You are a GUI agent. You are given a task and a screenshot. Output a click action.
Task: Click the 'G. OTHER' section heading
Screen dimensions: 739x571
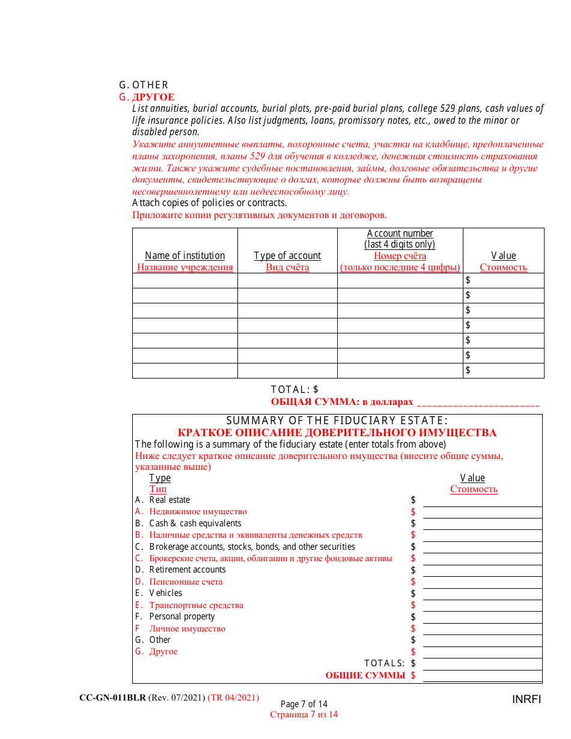click(144, 85)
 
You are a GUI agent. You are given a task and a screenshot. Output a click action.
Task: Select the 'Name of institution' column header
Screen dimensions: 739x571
click(185, 255)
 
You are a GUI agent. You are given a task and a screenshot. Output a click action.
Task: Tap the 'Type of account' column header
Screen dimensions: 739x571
click(287, 255)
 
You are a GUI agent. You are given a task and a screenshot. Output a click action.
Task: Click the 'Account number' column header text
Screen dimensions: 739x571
click(400, 233)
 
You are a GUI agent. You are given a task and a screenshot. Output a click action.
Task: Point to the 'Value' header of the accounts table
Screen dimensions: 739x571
click(503, 255)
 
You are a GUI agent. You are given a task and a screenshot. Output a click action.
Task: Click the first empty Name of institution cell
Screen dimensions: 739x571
click(185, 281)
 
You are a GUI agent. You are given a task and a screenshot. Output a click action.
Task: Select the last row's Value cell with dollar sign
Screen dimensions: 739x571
click(503, 371)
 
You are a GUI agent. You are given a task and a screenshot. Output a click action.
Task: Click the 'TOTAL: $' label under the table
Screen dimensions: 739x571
click(295, 389)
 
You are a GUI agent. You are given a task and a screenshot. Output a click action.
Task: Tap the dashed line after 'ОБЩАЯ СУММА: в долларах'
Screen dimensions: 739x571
click(478, 403)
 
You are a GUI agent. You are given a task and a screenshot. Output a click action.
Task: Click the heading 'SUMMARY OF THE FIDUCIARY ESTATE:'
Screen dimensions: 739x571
click(337, 421)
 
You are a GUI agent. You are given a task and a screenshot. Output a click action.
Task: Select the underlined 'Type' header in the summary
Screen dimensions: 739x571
click(160, 478)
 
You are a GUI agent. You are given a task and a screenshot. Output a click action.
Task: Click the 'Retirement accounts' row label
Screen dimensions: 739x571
click(188, 570)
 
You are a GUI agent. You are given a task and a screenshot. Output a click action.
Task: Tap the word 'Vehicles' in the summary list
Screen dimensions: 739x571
click(166, 593)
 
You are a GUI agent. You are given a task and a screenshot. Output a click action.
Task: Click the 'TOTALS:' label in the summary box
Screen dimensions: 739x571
click(385, 663)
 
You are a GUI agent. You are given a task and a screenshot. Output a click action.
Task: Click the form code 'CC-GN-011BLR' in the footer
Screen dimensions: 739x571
click(112, 698)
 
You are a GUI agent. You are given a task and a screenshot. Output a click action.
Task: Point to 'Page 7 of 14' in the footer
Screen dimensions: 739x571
click(304, 704)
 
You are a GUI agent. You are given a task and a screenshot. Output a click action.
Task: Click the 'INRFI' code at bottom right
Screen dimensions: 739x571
click(527, 699)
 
